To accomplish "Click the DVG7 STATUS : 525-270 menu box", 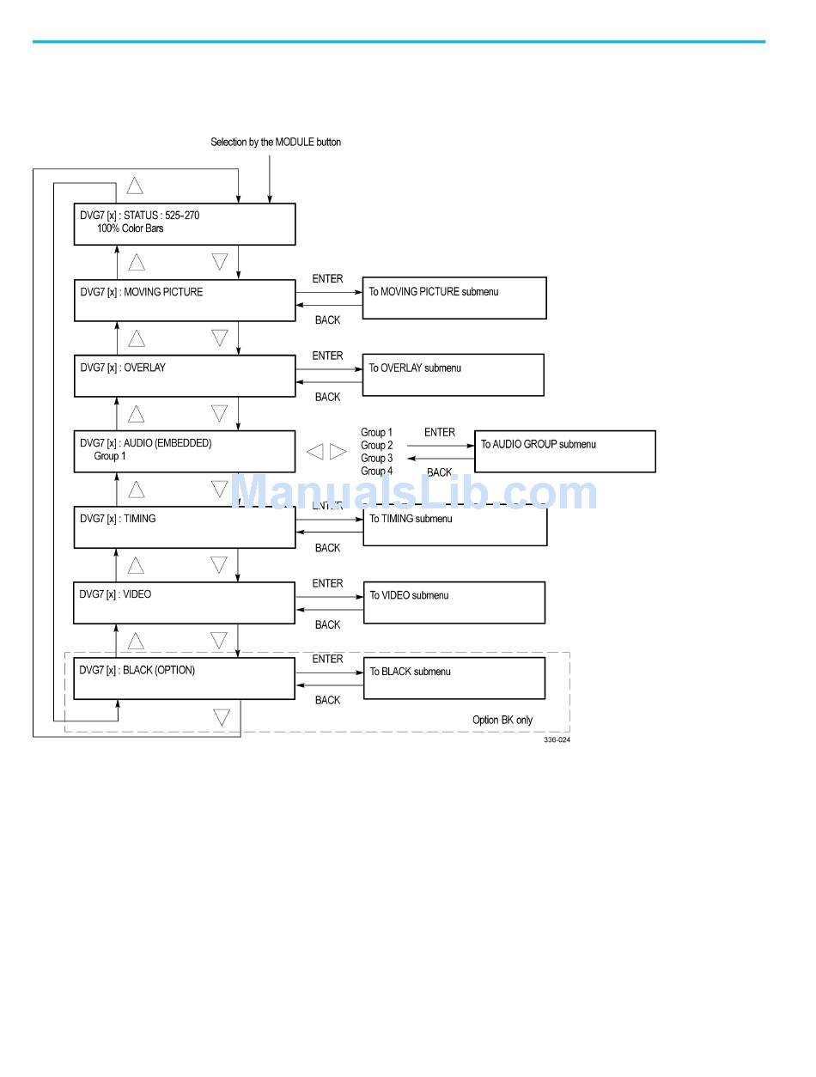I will click(x=185, y=224).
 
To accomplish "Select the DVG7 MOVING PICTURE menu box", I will click(x=185, y=301).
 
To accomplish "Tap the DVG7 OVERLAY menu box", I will click(x=185, y=376).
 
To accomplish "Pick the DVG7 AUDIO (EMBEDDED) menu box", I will click(x=185, y=451).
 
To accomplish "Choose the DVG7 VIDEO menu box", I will click(x=185, y=603).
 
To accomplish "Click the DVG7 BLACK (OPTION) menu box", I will click(x=185, y=678).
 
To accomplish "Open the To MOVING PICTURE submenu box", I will click(x=454, y=298).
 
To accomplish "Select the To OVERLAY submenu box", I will click(x=453, y=374).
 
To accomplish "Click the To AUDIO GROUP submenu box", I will click(x=564, y=451).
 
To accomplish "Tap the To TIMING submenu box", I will click(x=454, y=526).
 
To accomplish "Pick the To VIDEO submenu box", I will click(x=454, y=602).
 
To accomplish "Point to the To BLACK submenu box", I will click(x=454, y=678).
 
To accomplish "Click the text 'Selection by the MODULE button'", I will click(x=276, y=142).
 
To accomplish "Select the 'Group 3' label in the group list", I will click(x=376, y=459).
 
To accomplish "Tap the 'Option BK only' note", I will click(x=502, y=720).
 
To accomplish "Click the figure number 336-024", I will click(x=556, y=740).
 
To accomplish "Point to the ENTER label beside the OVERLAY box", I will click(x=327, y=356).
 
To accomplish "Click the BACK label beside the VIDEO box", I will click(x=327, y=625).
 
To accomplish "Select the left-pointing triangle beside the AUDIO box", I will click(x=315, y=452).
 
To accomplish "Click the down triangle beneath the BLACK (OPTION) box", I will click(x=222, y=717).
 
